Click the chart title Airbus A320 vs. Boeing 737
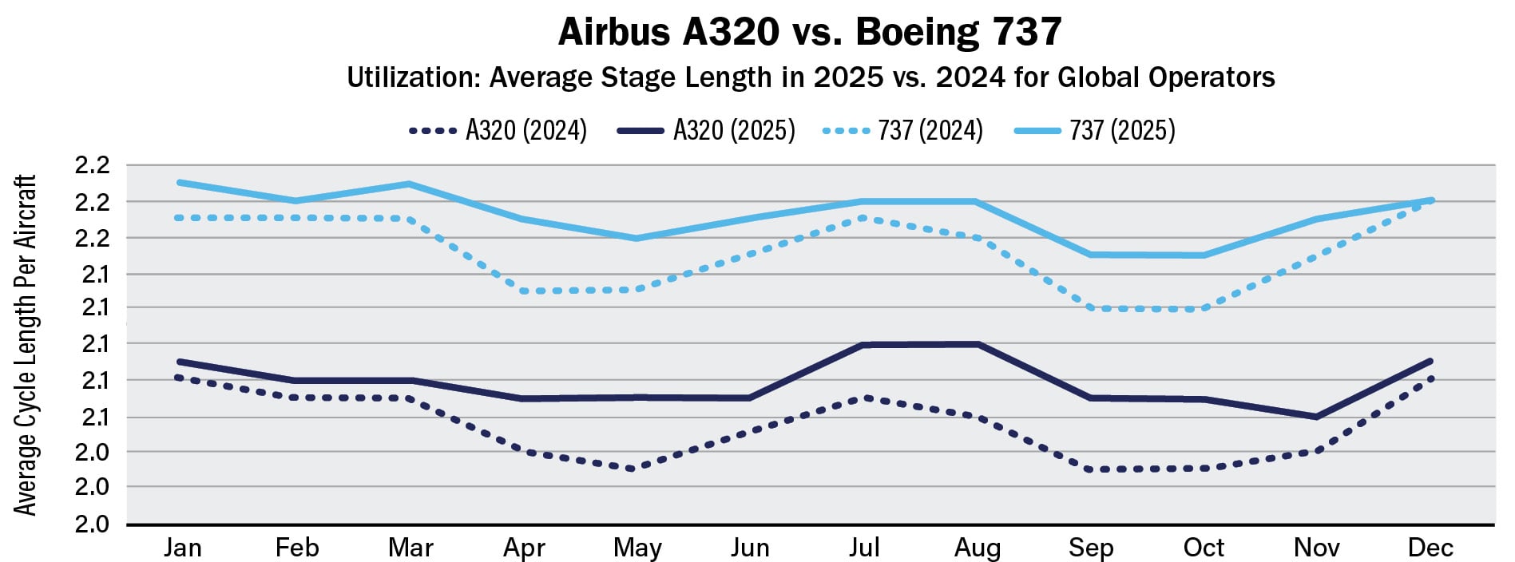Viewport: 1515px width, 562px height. pyautogui.click(x=809, y=32)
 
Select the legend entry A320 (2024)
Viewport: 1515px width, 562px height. pyautogui.click(x=525, y=130)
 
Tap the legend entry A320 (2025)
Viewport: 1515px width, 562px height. pyautogui.click(x=733, y=130)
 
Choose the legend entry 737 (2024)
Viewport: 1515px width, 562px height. pyautogui.click(x=930, y=130)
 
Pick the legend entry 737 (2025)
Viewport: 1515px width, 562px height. pyautogui.click(x=1121, y=130)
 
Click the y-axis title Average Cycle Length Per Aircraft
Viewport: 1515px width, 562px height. pyautogui.click(x=26, y=345)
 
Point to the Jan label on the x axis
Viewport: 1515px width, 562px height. pyautogui.click(x=183, y=548)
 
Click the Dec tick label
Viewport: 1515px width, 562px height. pyautogui.click(x=1430, y=548)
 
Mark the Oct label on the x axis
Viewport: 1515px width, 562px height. pyautogui.click(x=1204, y=548)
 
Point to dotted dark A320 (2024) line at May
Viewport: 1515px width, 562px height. pyautogui.click(x=633, y=469)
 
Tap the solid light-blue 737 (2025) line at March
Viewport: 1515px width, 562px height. pyautogui.click(x=410, y=184)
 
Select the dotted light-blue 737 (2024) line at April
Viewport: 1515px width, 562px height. pyautogui.click(x=523, y=291)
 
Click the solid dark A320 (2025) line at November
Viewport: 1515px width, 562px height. pyautogui.click(x=1315, y=417)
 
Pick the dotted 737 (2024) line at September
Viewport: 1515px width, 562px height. pyautogui.click(x=1090, y=307)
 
